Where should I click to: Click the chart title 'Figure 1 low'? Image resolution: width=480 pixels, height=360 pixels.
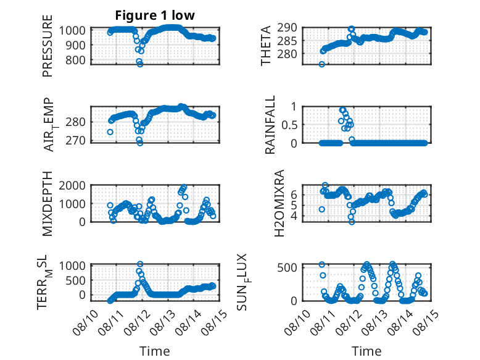coord(155,15)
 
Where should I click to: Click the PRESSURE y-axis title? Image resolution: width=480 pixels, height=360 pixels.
coord(48,46)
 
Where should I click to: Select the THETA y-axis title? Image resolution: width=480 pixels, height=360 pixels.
coord(266,46)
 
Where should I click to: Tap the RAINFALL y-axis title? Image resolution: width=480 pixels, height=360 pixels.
coord(270,125)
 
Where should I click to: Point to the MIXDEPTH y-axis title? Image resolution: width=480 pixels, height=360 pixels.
coord(48,204)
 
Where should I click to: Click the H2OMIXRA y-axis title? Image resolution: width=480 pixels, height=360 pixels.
coord(279,203)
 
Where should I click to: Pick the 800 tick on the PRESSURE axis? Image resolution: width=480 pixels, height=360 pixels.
coord(76,60)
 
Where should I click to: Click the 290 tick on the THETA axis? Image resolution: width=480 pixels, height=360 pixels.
coord(287,28)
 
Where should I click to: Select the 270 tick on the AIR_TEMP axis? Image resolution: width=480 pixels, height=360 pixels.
coord(76,140)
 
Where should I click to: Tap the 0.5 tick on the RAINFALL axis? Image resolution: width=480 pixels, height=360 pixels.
coord(289,125)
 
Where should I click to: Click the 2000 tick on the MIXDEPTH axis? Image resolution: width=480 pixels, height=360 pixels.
coord(72,185)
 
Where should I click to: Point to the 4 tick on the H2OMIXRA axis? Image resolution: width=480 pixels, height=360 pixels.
coord(294,216)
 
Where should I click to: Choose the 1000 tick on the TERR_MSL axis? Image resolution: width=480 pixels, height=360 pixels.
coord(72,266)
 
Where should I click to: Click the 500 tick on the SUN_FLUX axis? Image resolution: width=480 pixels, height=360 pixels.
coord(287,267)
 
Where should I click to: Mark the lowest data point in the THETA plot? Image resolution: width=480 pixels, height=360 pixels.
coord(321,64)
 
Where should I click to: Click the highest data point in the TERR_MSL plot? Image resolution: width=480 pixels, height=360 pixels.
coord(140,264)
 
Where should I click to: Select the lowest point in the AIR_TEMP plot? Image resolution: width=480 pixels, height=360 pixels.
coord(140,143)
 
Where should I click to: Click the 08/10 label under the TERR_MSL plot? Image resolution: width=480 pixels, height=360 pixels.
coord(85,322)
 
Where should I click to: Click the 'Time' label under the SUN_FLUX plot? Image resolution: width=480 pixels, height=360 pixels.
coord(366,351)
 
